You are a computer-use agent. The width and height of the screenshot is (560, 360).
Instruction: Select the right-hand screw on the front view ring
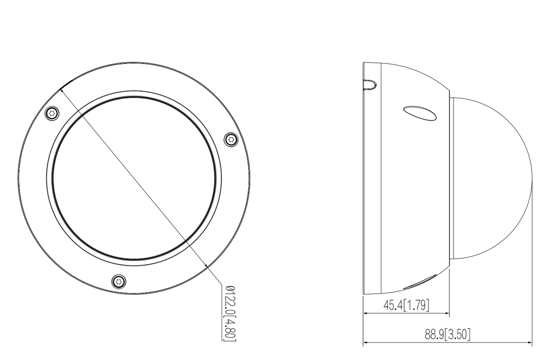231,139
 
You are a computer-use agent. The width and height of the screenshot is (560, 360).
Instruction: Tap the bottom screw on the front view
119,281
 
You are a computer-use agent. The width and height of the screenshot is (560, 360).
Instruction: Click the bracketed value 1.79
417,305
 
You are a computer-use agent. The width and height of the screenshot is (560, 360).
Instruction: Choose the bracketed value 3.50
458,335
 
